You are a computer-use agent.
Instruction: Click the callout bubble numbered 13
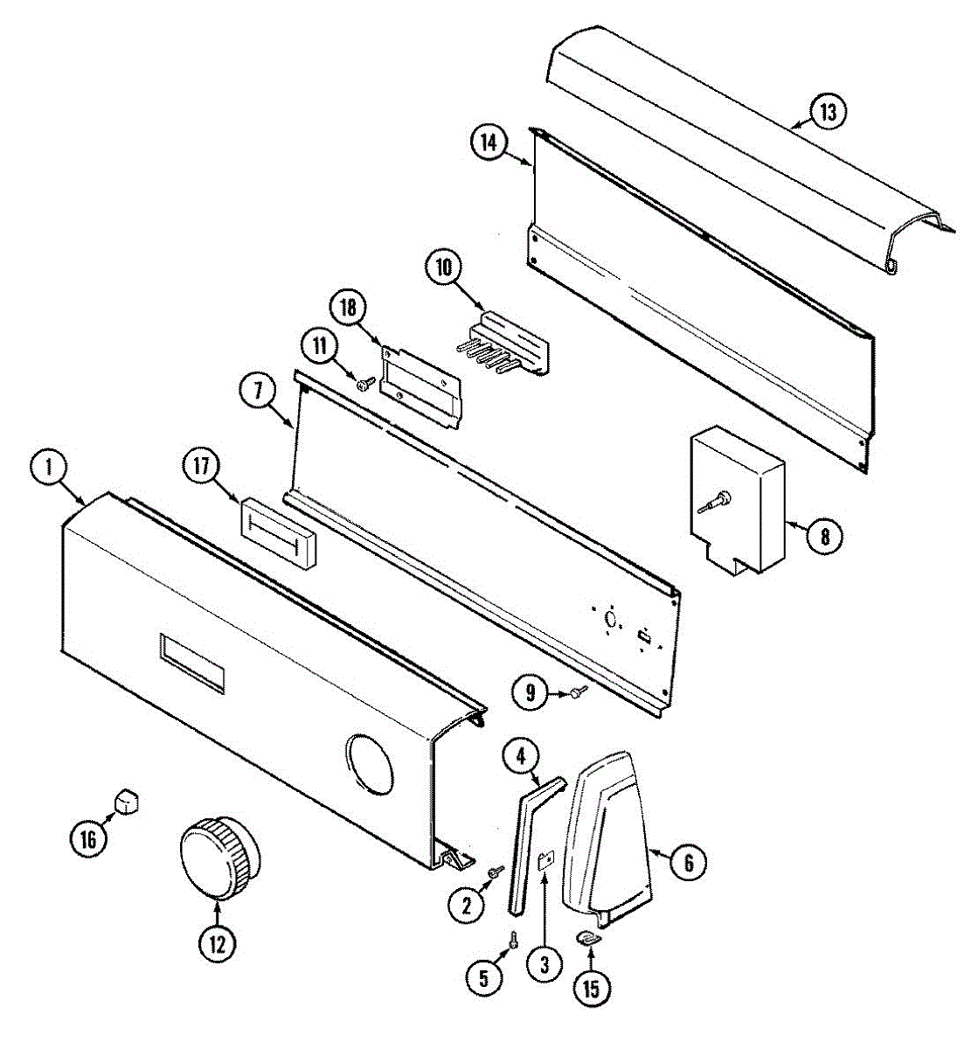click(x=827, y=112)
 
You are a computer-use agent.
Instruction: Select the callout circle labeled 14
click(x=489, y=142)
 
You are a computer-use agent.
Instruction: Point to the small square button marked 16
click(x=128, y=799)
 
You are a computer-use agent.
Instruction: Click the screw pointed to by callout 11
click(x=365, y=382)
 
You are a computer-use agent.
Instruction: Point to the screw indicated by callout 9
click(x=576, y=692)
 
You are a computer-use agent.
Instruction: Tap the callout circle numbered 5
click(x=483, y=977)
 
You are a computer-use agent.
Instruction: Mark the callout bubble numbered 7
click(x=259, y=392)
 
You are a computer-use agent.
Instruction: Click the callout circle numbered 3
click(x=544, y=964)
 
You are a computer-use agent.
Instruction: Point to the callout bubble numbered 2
click(x=466, y=905)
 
